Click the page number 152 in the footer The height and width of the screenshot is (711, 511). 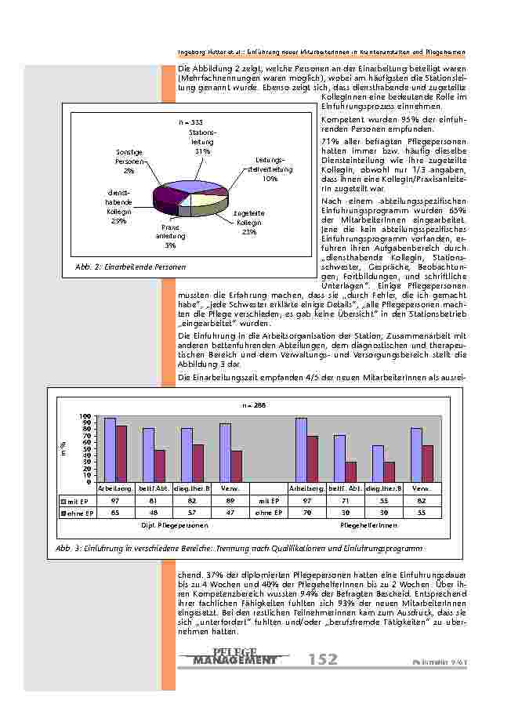(x=322, y=659)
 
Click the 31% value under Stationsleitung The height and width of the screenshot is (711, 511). (x=201, y=151)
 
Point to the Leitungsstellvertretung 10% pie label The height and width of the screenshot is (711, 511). (x=270, y=169)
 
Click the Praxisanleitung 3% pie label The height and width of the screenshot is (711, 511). (x=170, y=235)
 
